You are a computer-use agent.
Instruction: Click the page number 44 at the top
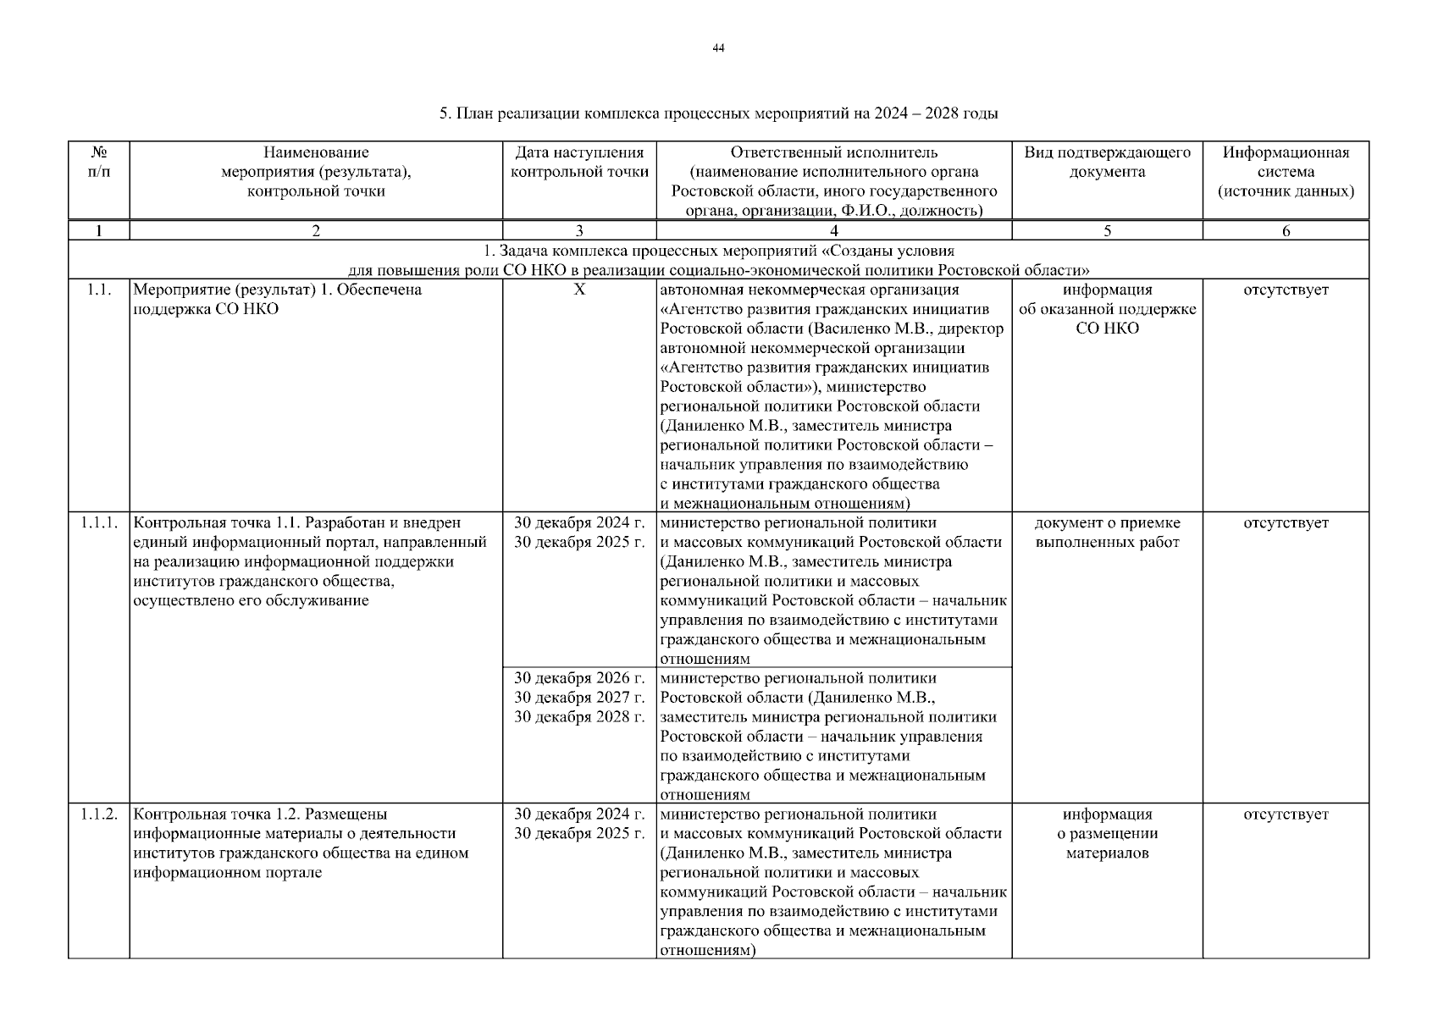click(718, 48)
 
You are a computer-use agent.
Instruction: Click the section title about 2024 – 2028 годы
click(718, 113)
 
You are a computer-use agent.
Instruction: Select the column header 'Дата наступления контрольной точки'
click(579, 163)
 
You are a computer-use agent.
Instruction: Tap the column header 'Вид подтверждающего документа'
click(1107, 163)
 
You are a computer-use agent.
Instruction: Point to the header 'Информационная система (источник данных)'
click(1285, 172)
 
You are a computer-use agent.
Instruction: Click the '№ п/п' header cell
click(98, 163)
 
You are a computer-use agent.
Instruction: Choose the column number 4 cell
click(833, 230)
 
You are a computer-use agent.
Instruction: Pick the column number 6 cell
click(1285, 230)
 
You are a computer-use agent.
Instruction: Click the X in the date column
click(579, 290)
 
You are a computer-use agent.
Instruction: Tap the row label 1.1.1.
click(98, 522)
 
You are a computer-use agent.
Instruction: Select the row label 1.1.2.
click(98, 814)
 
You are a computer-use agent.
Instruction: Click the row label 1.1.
click(98, 290)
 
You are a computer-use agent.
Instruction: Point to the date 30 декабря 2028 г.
click(579, 717)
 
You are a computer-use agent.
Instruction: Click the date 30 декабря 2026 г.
click(579, 678)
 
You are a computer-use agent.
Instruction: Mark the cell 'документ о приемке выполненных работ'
click(1107, 533)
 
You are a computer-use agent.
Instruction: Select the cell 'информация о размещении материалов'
click(1107, 834)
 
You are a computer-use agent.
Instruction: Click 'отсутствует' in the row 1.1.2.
click(1285, 814)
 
